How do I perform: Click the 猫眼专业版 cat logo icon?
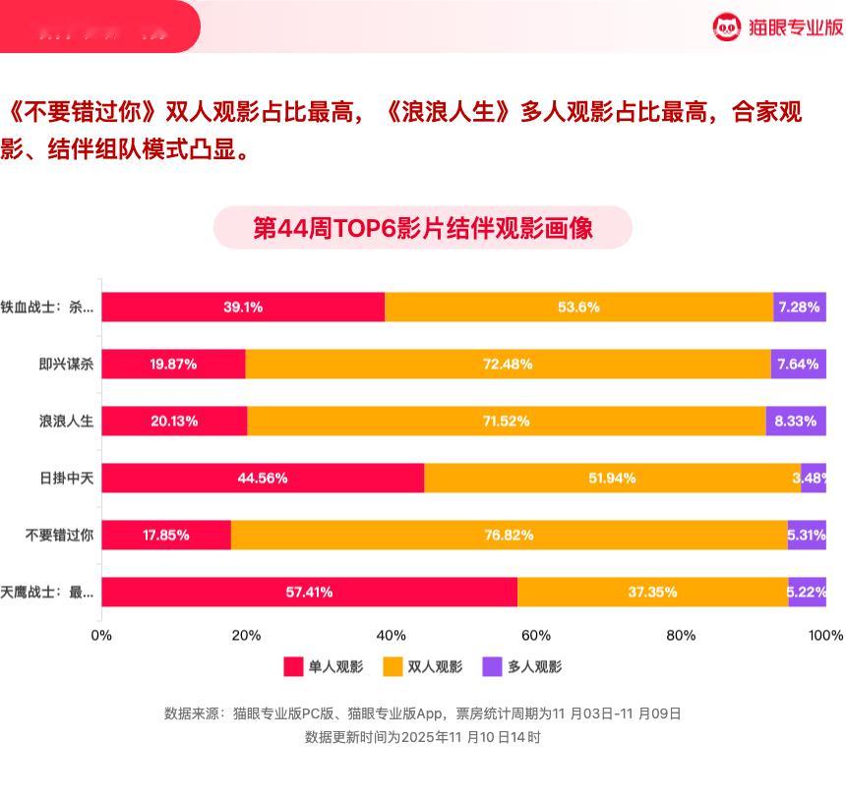726,28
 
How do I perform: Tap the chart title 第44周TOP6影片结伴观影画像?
423,228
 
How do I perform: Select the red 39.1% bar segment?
243,307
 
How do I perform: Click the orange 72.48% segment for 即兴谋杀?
508,364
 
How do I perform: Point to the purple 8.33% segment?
796,421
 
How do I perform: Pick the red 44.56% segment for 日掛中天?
263,478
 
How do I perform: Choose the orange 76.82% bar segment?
509,535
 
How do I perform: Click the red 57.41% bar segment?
309,592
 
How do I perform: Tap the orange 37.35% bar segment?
652,592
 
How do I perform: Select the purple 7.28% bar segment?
799,307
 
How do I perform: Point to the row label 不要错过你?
60,535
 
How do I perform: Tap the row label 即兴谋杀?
66,364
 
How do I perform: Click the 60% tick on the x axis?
536,635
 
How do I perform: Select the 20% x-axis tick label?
246,635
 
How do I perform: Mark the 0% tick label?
101,635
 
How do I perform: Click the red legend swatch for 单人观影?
293,666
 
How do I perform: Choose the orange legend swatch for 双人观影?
393,666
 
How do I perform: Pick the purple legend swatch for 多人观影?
492,666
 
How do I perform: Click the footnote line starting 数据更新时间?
423,736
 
